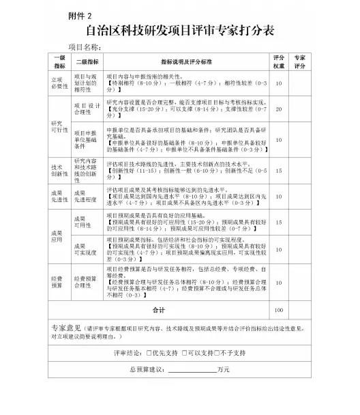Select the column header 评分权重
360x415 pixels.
tap(278, 61)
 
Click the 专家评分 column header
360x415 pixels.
tap(300, 61)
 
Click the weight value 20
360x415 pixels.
tap(278, 109)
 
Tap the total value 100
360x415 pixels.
tap(278, 310)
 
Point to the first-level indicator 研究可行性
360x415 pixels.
tap(56, 126)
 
